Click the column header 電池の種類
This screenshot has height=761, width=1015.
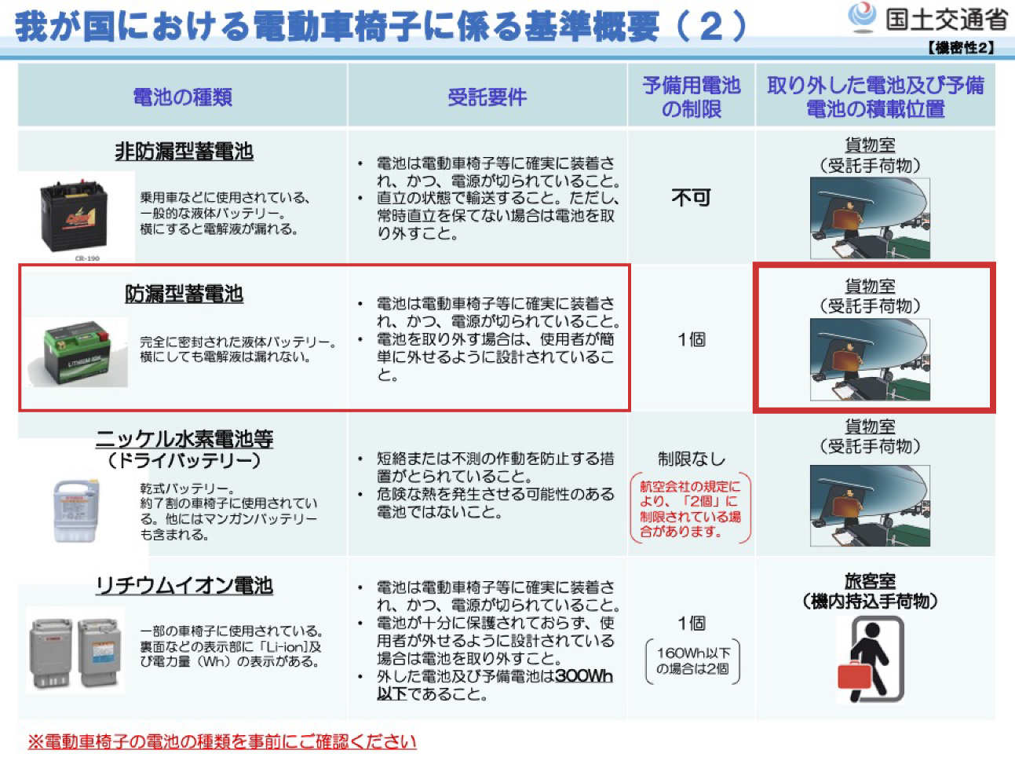pos(182,97)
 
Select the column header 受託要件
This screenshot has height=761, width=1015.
pos(487,97)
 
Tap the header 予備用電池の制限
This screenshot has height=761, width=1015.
pos(691,97)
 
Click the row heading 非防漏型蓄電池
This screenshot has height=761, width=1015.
pos(184,151)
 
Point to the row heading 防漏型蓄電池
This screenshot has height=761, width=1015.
pos(184,294)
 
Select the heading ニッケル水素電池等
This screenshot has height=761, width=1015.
pos(184,438)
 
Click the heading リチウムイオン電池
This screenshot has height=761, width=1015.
pos(184,586)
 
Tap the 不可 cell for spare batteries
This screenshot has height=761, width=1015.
pos(691,197)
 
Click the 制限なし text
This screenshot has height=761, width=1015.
pos(691,459)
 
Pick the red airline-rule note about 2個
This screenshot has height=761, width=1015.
pos(690,509)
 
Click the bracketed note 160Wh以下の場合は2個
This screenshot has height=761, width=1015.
pos(692,660)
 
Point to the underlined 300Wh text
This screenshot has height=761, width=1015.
pos(583,676)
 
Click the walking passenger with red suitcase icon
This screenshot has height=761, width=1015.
pos(870,658)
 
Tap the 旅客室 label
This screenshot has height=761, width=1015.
pos(870,581)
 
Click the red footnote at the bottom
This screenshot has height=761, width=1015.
pos(221,741)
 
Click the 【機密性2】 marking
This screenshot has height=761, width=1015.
pos(961,48)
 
